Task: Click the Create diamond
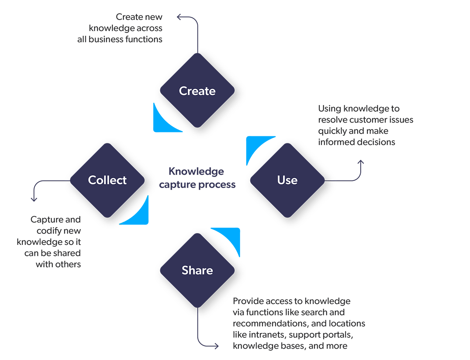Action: click(x=197, y=91)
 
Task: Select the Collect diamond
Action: click(x=107, y=180)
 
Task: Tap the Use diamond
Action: click(x=287, y=180)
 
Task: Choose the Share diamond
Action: click(x=197, y=270)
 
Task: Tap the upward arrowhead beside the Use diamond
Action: click(x=361, y=162)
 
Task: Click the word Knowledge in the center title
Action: click(x=196, y=172)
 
